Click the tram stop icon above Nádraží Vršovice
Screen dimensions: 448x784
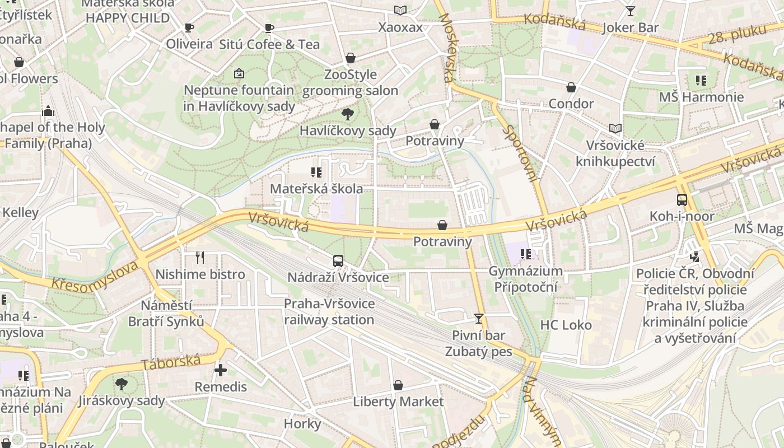[338, 260]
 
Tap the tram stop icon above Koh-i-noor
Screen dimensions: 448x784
[682, 199]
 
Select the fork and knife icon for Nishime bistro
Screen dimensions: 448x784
[200, 257]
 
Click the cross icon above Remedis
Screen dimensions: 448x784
[221, 370]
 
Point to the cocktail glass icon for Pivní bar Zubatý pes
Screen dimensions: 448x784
[478, 318]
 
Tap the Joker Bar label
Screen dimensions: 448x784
[631, 27]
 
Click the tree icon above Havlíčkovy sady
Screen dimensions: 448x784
[347, 114]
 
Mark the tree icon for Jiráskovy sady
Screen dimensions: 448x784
[121, 384]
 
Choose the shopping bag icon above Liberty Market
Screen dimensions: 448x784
[398, 385]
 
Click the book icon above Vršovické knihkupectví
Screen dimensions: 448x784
[615, 128]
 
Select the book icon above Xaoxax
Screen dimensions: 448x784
[400, 10]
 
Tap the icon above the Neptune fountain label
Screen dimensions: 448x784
[239, 73]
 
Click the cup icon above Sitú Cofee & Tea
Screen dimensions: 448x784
[269, 28]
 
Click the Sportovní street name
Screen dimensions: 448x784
[520, 153]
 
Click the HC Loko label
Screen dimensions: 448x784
[566, 325]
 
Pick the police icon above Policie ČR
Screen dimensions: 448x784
[695, 257]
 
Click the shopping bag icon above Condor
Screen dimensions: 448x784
[571, 87]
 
